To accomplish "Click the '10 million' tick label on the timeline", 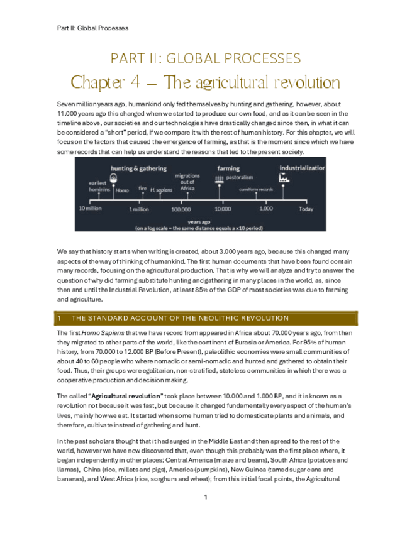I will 89,209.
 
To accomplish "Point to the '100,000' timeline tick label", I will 181,209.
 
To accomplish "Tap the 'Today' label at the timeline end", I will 306,209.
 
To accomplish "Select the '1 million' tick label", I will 139,209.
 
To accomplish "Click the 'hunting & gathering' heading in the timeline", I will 138,168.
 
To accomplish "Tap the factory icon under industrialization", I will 284,179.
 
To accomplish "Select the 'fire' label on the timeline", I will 143,188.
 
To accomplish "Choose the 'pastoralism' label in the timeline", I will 240,178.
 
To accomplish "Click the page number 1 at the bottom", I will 206,497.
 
